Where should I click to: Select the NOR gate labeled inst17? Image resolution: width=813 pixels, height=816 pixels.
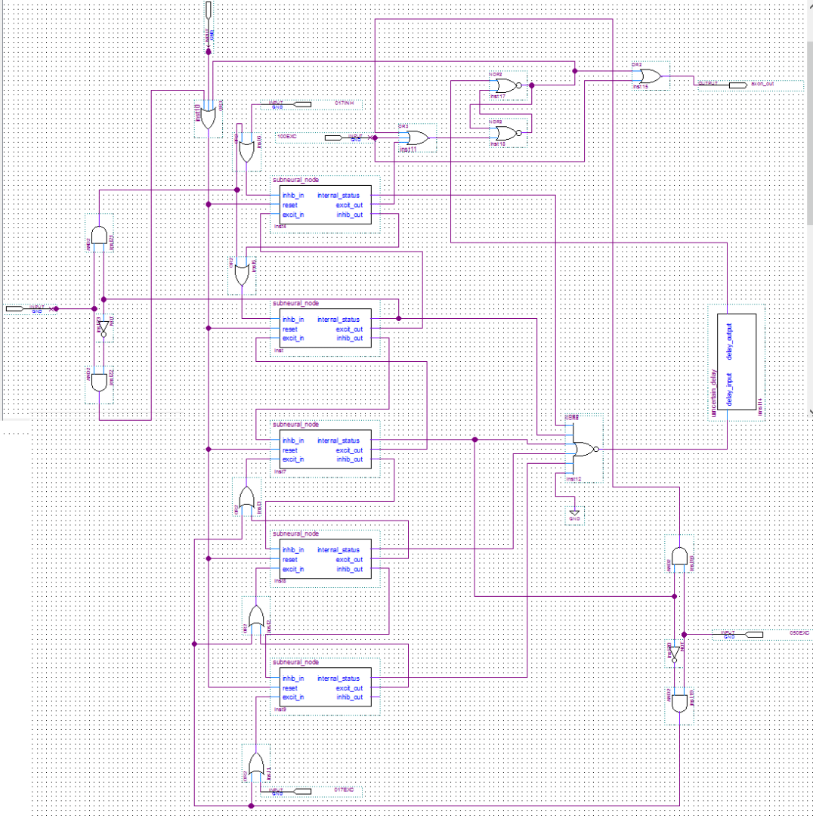(x=507, y=85)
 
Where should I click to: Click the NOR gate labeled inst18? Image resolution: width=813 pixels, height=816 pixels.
(x=507, y=134)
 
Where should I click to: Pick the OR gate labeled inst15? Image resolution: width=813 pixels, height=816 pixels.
(x=648, y=76)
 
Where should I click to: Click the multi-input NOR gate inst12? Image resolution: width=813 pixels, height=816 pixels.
(x=583, y=449)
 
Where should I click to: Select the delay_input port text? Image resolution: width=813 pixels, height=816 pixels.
(x=729, y=391)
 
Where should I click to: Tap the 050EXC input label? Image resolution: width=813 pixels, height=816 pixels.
(x=799, y=632)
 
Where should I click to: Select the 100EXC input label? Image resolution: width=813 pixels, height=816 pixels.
(x=286, y=137)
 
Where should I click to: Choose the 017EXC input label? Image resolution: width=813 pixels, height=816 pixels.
(x=344, y=790)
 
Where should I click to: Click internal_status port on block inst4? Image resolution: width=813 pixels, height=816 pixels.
(x=338, y=196)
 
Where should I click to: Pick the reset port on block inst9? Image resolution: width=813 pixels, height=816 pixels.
(x=289, y=688)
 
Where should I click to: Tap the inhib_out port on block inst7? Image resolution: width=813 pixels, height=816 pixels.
(x=349, y=459)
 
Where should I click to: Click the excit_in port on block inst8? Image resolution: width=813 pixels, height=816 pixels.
(x=292, y=569)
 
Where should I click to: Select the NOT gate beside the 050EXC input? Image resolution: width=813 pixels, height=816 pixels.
(x=672, y=654)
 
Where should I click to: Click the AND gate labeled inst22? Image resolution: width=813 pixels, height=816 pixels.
(x=99, y=382)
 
